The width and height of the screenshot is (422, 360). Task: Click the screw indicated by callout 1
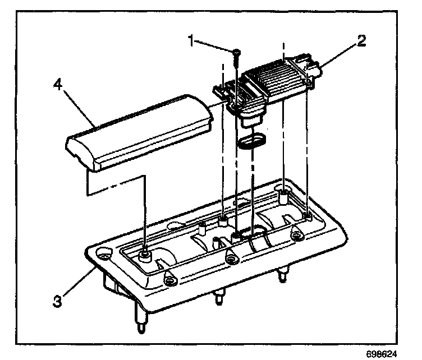point(236,53)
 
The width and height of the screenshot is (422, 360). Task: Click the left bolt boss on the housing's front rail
point(168,279)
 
